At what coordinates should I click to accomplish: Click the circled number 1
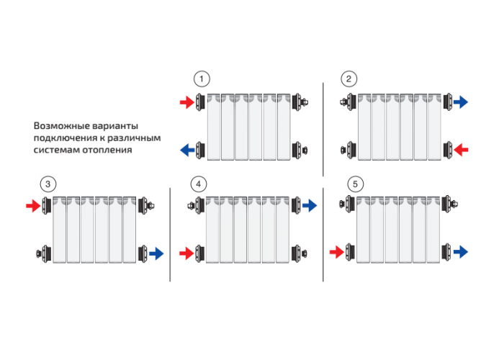coord(202,78)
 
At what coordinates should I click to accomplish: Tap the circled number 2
coord(348,78)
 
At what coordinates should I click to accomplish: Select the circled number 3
coord(48,184)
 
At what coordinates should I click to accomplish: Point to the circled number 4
coord(198,184)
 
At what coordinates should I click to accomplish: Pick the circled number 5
coord(355,184)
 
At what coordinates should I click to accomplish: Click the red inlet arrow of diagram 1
coord(187,102)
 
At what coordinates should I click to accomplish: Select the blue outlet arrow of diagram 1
coord(187,150)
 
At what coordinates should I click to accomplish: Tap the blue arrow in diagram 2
coord(461,102)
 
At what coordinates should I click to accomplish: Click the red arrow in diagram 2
coord(461,150)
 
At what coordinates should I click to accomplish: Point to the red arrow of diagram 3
coord(33,206)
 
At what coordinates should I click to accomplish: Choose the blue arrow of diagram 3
coord(156,253)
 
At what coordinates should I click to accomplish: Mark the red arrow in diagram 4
coord(186,253)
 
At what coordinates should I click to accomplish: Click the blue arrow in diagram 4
coord(310,205)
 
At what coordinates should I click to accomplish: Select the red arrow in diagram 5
coord(337,252)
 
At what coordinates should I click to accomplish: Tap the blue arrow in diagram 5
coord(461,252)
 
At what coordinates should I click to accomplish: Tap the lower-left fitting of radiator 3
coord(44,253)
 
